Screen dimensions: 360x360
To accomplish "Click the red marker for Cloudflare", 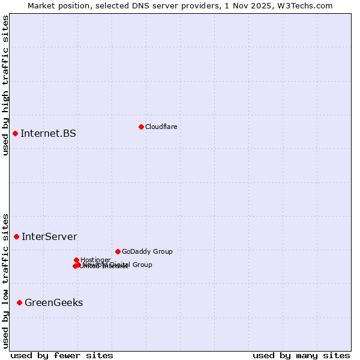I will pos(141,127).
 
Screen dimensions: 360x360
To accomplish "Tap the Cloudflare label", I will pos(161,127).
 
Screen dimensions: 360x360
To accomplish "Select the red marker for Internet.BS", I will pos(15,133).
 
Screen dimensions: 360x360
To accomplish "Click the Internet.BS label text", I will pos(48,133).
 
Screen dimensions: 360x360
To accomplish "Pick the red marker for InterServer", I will pos(16,236).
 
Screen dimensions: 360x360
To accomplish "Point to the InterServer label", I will pos(49,236).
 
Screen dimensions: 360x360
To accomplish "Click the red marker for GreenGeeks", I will pos(19,302).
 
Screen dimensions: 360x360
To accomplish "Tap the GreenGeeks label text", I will pos(53,302).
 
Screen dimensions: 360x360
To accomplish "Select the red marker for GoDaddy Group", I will pos(118,251).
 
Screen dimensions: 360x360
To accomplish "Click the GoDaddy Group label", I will pos(146,252).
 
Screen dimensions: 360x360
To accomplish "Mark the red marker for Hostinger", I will pos(76,260).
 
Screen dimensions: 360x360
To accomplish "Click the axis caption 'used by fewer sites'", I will pos(62,355).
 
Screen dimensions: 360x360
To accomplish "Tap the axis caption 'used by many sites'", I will pos(301,355).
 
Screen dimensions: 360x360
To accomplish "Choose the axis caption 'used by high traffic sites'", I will pos(5,85).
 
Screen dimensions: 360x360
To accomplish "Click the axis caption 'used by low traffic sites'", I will pos(5,281).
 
